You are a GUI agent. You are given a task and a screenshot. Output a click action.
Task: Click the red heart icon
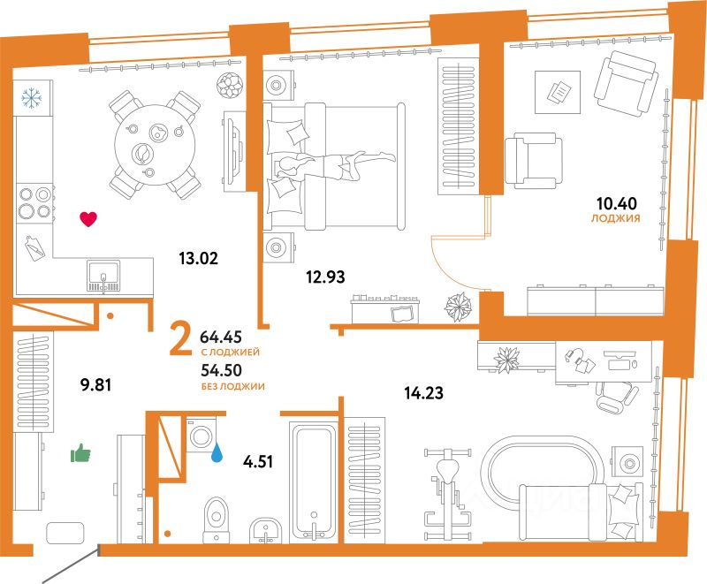87,219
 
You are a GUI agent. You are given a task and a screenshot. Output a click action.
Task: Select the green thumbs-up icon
81,455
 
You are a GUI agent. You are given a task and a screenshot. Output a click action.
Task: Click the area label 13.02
197,259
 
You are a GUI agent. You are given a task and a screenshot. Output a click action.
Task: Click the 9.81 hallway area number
98,385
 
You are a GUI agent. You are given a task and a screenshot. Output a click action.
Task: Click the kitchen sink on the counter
104,275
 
